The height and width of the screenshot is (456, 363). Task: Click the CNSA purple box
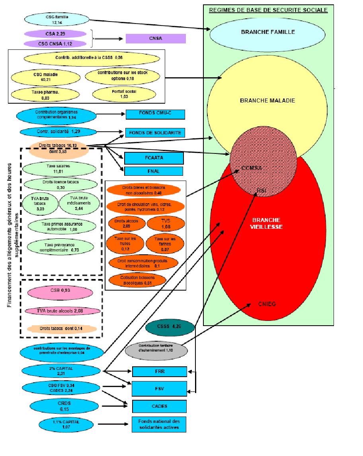pyautogui.click(x=156, y=39)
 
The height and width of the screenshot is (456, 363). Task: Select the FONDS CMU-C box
pyautogui.click(x=155, y=114)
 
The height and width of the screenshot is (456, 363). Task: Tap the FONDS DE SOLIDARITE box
pyautogui.click(x=155, y=133)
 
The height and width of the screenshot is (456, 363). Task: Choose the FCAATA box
pyautogui.click(x=154, y=158)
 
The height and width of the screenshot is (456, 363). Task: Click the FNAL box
pyautogui.click(x=154, y=171)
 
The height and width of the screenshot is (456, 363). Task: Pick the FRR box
pyautogui.click(x=159, y=371)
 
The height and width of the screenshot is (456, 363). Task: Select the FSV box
pyautogui.click(x=159, y=389)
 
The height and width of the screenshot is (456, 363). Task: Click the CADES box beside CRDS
pyautogui.click(x=159, y=407)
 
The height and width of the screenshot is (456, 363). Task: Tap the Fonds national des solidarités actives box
pyautogui.click(x=159, y=424)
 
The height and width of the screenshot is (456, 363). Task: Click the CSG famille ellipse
pyautogui.click(x=57, y=20)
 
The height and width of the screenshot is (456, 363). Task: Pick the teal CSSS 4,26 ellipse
pyautogui.click(x=170, y=327)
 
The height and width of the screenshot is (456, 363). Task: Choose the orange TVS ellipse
pyautogui.click(x=166, y=224)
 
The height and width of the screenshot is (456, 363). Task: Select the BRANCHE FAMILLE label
pyautogui.click(x=268, y=32)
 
